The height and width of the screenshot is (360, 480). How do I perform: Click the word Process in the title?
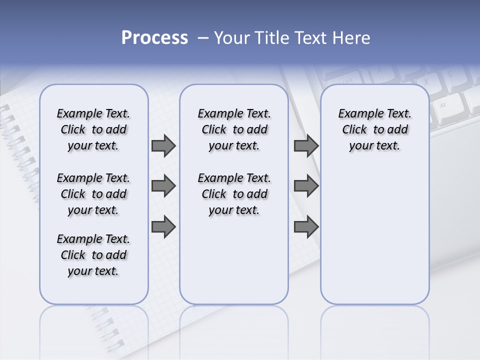click(154, 38)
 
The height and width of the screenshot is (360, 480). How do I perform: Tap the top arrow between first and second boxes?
click(163, 146)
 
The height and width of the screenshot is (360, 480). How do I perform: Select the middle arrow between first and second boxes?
click(163, 186)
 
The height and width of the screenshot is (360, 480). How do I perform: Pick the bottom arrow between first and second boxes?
click(163, 227)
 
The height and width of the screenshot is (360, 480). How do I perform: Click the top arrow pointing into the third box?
click(306, 146)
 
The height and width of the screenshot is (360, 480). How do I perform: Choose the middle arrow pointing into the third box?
click(306, 186)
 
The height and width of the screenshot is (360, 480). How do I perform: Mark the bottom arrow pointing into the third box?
click(306, 227)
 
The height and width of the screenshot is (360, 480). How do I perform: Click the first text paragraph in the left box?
click(93, 129)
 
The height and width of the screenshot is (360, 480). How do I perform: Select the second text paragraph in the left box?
click(93, 194)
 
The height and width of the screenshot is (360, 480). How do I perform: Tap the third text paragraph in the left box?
click(93, 255)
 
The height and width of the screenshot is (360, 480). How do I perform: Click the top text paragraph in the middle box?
click(234, 129)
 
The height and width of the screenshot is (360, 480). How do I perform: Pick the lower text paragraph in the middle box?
click(234, 194)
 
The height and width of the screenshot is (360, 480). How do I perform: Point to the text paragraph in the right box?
click(374, 129)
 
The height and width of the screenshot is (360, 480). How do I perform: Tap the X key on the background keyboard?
click(426, 81)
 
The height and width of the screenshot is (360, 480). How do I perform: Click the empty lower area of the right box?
click(374, 240)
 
